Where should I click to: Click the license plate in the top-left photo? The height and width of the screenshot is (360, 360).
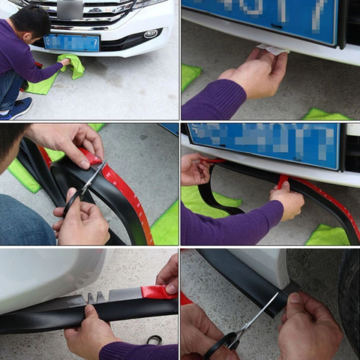click(x=71, y=42)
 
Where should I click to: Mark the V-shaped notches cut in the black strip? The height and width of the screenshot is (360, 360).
click(x=96, y=297)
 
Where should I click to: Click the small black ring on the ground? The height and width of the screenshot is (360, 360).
click(x=154, y=340)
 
